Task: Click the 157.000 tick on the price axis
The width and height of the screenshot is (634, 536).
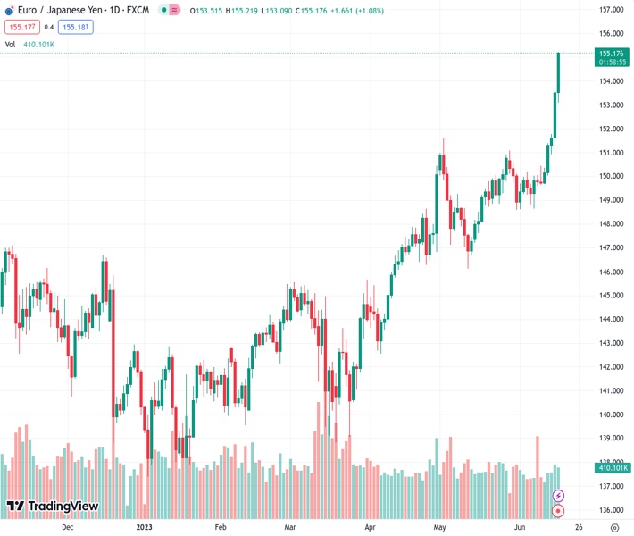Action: coord(611,10)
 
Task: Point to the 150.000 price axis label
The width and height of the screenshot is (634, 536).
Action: coord(611,176)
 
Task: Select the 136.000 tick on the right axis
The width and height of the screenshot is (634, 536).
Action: coord(611,510)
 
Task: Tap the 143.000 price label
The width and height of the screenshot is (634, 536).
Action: coord(611,343)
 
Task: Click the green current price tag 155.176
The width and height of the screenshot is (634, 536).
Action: coord(612,54)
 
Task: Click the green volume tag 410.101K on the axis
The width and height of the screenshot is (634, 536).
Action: coord(612,467)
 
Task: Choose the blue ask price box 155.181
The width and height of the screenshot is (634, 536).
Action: coord(77,27)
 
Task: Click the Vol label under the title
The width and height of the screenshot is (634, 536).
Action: coord(10,44)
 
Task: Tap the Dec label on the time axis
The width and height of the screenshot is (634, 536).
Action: coord(67,527)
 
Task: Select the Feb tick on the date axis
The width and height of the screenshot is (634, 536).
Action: coord(221,527)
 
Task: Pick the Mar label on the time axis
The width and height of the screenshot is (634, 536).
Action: coord(290,527)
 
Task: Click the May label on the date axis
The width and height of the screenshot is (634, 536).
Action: coord(439,527)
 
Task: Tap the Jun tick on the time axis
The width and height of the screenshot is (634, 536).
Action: coord(518,527)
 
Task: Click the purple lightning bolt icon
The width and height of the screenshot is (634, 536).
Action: coord(559,495)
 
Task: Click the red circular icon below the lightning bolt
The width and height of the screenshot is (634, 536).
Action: coord(559,511)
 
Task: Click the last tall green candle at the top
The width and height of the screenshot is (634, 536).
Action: coord(558,71)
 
